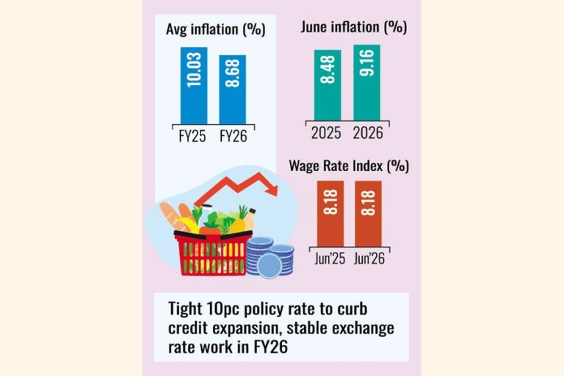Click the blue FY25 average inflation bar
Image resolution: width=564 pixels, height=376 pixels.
pyautogui.click(x=194, y=86)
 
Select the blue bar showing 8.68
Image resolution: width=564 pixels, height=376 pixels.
pyautogui.click(x=233, y=90)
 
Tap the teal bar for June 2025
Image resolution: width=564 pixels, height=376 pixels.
pyautogui.click(x=328, y=85)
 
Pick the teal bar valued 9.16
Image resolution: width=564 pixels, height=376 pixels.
pyautogui.click(x=367, y=83)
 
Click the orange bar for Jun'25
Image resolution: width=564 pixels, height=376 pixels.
pyautogui.click(x=330, y=214)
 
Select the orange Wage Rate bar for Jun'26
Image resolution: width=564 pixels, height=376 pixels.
pyautogui.click(x=369, y=214)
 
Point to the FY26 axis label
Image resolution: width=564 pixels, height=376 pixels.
pyautogui.click(x=234, y=137)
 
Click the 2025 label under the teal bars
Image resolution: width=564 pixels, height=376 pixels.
pyautogui.click(x=326, y=133)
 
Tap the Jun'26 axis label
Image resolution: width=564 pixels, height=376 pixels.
pyautogui.click(x=369, y=258)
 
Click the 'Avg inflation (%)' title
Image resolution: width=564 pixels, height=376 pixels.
pyautogui.click(x=216, y=29)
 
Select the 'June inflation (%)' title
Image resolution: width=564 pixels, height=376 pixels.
pyautogui.click(x=354, y=27)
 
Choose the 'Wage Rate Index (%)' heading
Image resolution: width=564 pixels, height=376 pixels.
pyautogui.click(x=349, y=166)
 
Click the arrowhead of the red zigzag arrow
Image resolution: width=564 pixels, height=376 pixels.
pyautogui.click(x=273, y=190)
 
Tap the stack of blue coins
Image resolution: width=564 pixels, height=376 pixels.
pyautogui.click(x=270, y=257)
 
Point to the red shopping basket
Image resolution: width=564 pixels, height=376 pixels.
pyautogui.click(x=212, y=253)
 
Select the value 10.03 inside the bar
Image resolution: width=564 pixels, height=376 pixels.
pyautogui.click(x=194, y=70)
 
